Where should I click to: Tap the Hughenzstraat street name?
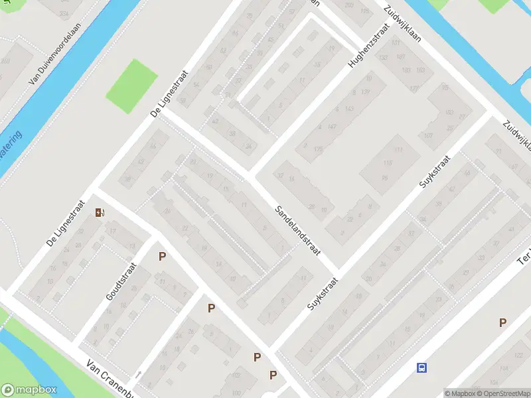tap(368, 46)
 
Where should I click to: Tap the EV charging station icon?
tap(100, 212)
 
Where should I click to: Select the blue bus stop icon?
tap(421, 367)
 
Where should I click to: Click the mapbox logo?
tap(29, 390)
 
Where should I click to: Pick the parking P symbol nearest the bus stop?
tap(503, 322)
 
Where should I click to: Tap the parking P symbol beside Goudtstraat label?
tap(161, 256)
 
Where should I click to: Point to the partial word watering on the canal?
tap(11, 147)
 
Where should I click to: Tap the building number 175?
tap(319, 150)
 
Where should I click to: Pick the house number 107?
tap(429, 136)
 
